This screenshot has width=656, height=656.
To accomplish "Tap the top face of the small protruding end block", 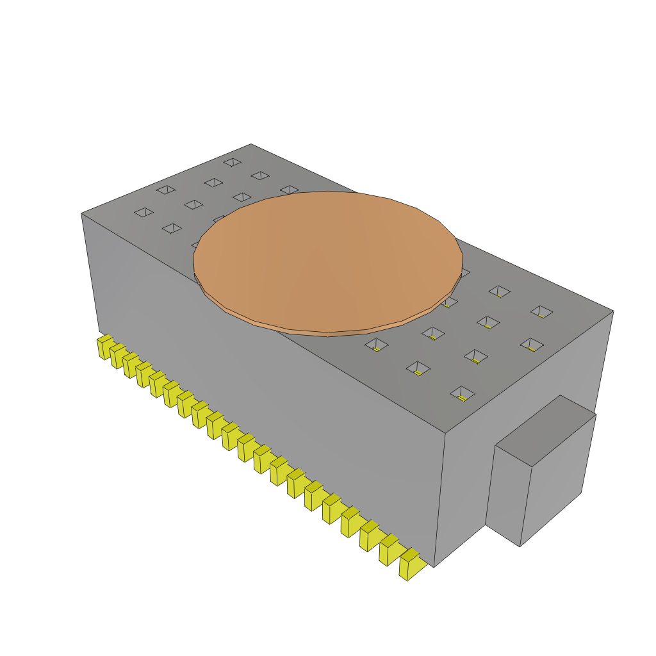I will [546, 430].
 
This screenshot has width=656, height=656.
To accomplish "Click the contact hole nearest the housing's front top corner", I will [462, 392].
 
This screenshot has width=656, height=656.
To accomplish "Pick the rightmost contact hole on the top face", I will [541, 311].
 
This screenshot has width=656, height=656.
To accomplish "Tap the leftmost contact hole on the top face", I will [143, 212].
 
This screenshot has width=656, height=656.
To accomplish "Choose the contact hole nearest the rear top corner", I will [232, 162].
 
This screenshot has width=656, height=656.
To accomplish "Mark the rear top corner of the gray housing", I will [251, 144].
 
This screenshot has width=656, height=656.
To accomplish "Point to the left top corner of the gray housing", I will [81, 213].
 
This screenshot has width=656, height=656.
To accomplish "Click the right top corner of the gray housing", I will [613, 311].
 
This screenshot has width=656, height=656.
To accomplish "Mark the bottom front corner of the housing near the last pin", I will [434, 567].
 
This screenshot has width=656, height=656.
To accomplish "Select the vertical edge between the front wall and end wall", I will [440, 500].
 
